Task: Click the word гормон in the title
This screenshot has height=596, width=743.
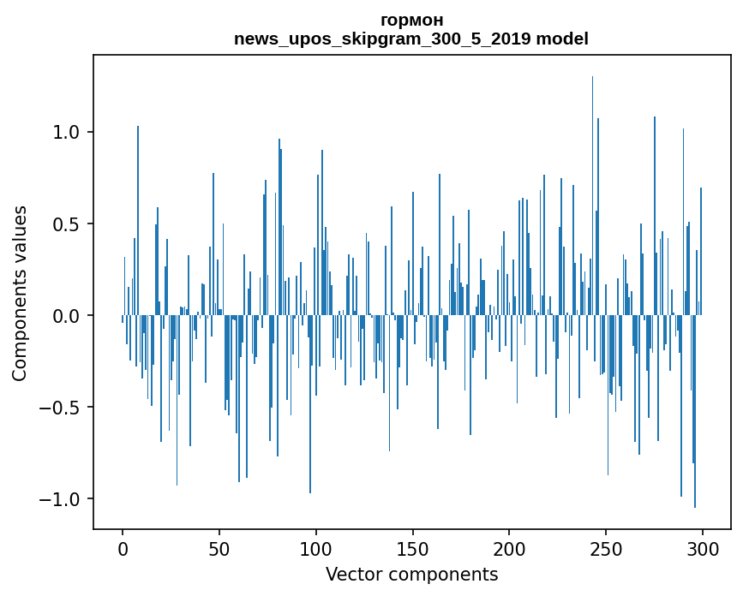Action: pyautogui.click(x=411, y=20)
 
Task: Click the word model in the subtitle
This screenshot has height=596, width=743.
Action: pyautogui.click(x=562, y=39)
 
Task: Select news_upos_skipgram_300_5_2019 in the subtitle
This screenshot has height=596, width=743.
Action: pyautogui.click(x=383, y=39)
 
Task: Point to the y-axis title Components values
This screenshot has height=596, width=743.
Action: pyautogui.click(x=20, y=293)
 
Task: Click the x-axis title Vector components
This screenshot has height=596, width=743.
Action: pyautogui.click(x=411, y=574)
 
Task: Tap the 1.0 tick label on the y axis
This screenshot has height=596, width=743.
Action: pyautogui.click(x=67, y=133)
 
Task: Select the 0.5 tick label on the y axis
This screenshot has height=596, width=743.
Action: pyautogui.click(x=67, y=224)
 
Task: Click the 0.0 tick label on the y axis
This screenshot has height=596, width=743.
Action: pyautogui.click(x=67, y=316)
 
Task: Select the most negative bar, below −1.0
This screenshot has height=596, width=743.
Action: pyautogui.click(x=695, y=411)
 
